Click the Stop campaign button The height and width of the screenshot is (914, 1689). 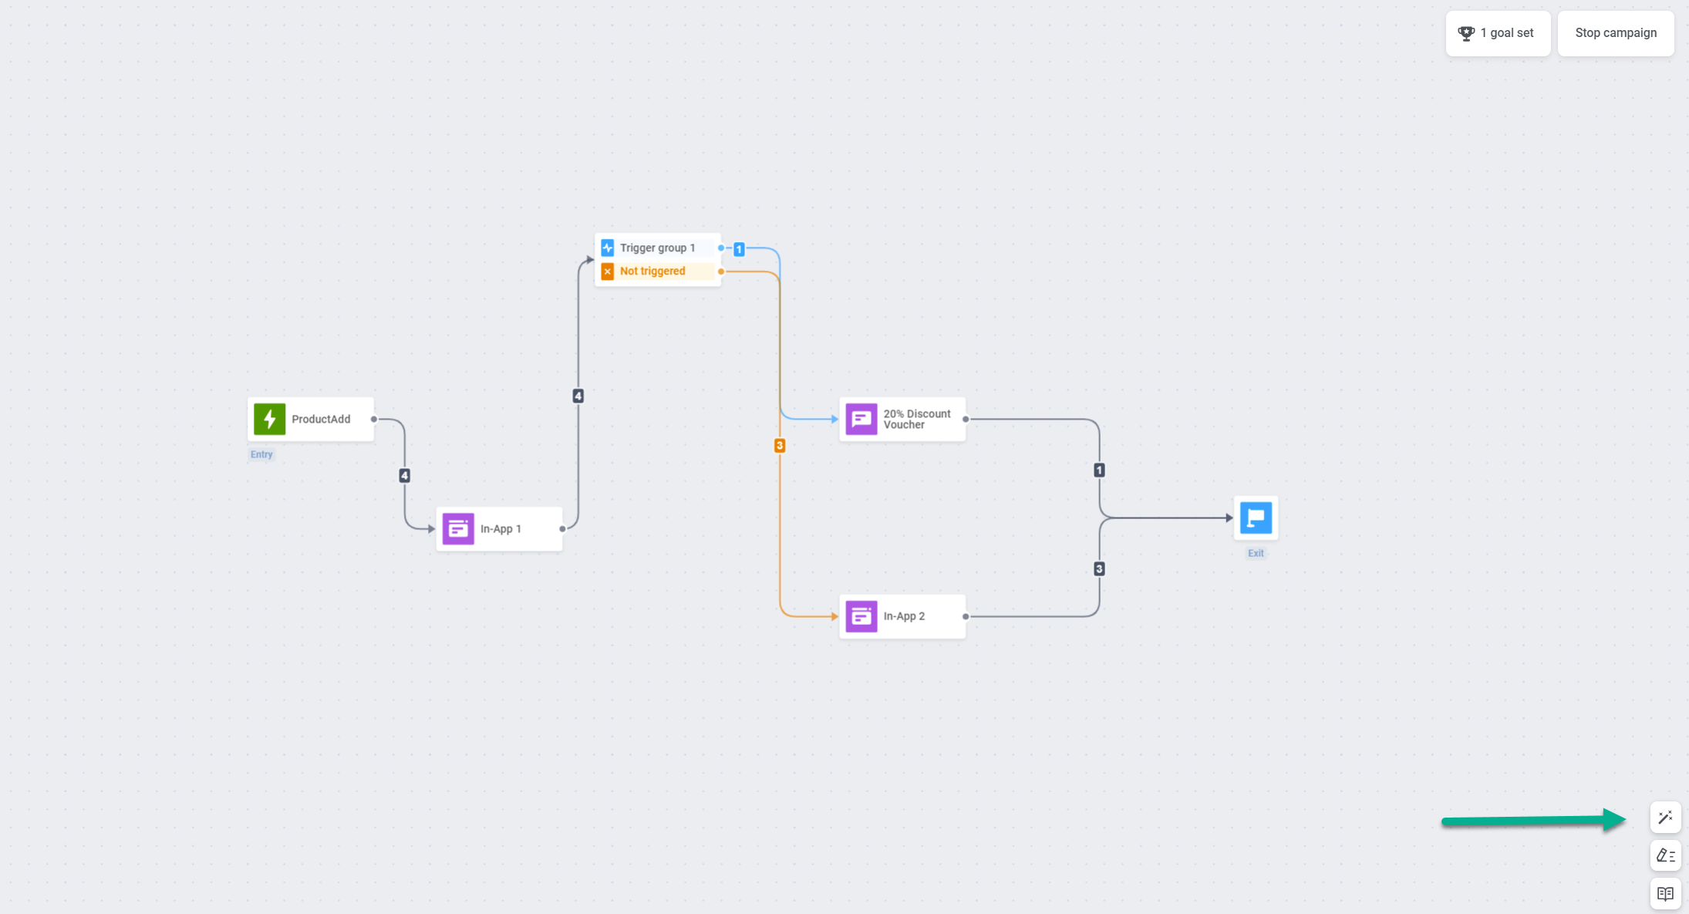tap(1616, 33)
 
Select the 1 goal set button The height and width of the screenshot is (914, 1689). tap(1498, 33)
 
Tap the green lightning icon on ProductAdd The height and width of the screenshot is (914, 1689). tap(270, 419)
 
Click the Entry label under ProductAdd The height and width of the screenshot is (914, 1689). tap(261, 454)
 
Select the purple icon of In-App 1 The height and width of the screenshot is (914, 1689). tap(458, 528)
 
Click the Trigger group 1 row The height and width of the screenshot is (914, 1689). tap(658, 248)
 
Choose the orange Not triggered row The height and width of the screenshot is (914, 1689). tap(658, 272)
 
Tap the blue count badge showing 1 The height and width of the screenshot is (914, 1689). tap(739, 249)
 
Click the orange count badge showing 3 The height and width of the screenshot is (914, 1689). tap(780, 445)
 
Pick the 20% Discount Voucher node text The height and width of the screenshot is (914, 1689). tap(917, 419)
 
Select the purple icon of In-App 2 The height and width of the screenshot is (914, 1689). tap(861, 616)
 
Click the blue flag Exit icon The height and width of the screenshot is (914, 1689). tap(1256, 518)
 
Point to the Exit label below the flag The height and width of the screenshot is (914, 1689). tap(1256, 553)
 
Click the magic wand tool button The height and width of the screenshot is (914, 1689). tap(1665, 817)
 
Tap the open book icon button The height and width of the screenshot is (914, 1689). tap(1665, 894)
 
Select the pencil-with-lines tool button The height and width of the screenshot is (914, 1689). tap(1665, 855)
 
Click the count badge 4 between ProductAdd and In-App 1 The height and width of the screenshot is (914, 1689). tap(404, 475)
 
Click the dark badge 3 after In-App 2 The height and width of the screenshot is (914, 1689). tap(1099, 568)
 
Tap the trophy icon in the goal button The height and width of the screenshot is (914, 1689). tap(1466, 33)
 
